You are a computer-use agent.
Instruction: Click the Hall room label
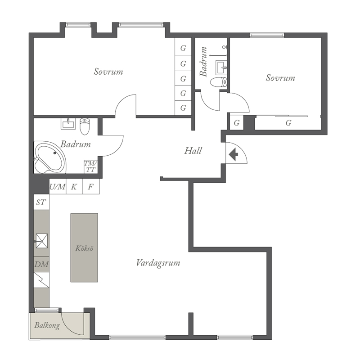(193, 151)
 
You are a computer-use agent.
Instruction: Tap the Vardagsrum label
(158, 263)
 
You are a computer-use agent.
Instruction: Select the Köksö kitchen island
(84, 248)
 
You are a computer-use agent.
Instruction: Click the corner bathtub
(50, 157)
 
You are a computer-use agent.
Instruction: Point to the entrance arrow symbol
(234, 154)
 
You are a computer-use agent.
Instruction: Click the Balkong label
(47, 325)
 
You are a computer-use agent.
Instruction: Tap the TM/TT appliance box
(91, 166)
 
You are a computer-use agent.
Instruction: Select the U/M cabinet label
(58, 187)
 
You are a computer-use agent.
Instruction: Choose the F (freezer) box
(91, 186)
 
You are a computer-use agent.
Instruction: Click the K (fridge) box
(74, 186)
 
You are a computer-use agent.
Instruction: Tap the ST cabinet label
(41, 202)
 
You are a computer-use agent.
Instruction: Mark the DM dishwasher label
(41, 265)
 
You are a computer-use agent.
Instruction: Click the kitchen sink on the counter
(42, 241)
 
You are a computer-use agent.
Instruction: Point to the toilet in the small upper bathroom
(219, 82)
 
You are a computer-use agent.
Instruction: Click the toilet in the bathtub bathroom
(85, 126)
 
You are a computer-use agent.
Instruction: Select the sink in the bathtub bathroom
(68, 124)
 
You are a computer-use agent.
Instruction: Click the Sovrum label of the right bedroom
(280, 78)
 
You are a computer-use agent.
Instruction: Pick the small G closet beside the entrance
(237, 123)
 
